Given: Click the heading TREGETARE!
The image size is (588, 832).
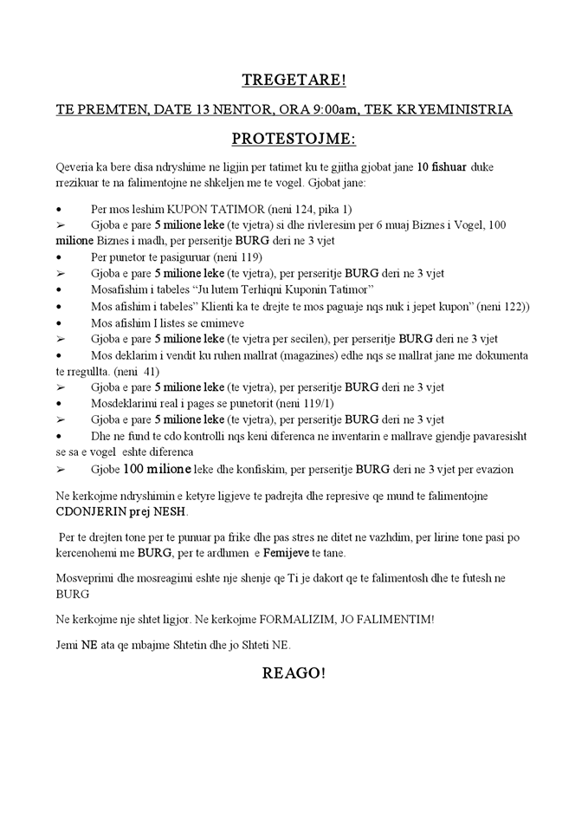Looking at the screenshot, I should pos(294,81).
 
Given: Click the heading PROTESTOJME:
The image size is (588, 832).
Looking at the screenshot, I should pos(294,139).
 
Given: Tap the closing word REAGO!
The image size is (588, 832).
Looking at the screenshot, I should pos(294,675).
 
